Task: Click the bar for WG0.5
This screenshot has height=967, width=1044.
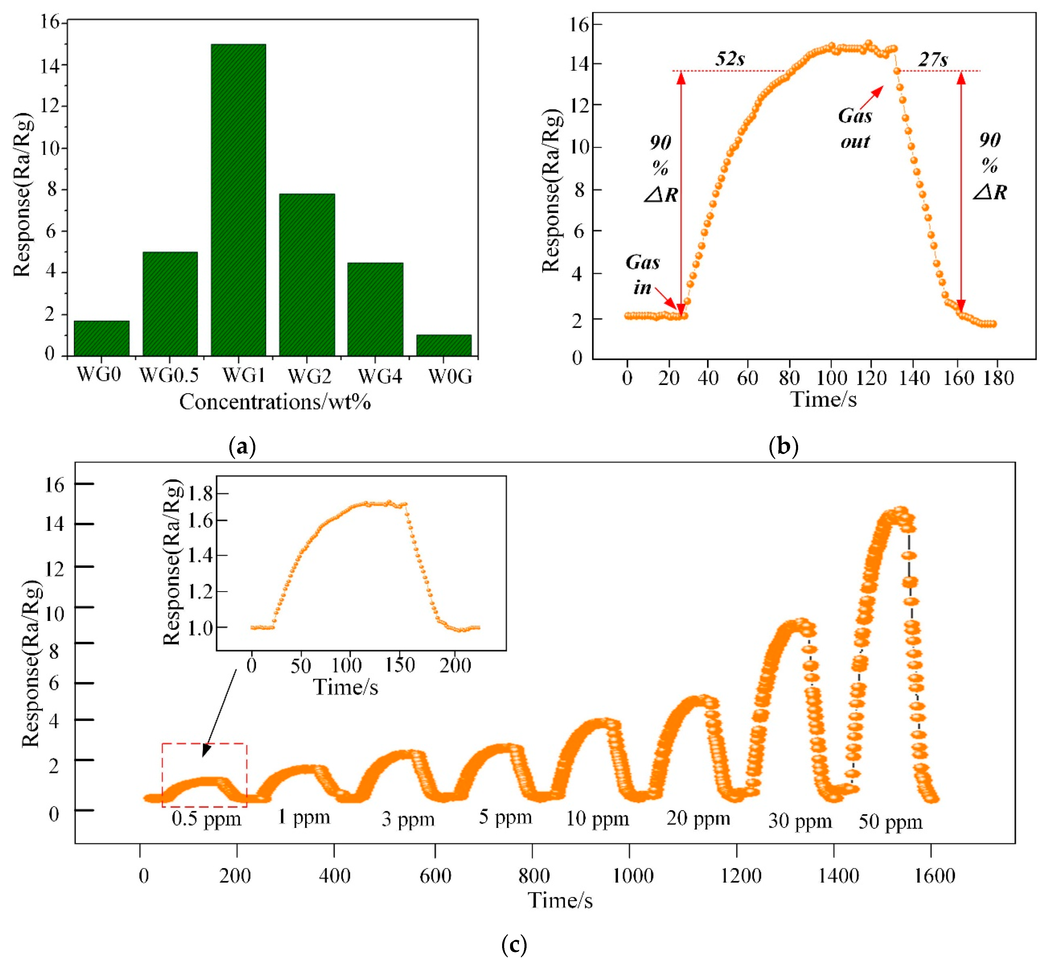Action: point(170,304)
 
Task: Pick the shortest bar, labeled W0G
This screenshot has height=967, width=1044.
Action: point(443,345)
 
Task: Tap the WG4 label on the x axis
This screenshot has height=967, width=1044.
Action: point(380,376)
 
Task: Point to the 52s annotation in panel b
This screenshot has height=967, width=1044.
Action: point(730,59)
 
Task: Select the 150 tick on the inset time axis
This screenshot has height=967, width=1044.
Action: point(400,665)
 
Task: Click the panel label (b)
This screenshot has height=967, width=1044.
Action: point(784,446)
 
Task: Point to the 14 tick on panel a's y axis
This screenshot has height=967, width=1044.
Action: point(54,65)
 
